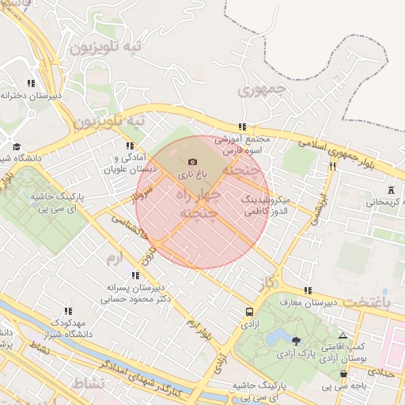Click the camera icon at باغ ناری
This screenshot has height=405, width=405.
pyautogui.click(x=192, y=161)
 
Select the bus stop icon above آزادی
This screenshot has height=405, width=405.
pyautogui.click(x=250, y=312)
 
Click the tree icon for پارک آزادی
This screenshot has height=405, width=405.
pyautogui.click(x=296, y=341)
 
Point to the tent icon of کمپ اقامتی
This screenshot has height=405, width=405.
pyautogui.click(x=342, y=335)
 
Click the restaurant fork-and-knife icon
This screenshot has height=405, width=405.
pyautogui.click(x=332, y=166)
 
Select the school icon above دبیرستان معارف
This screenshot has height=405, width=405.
pyautogui.click(x=307, y=290)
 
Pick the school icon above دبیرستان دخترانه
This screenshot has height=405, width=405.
pyautogui.click(x=31, y=83)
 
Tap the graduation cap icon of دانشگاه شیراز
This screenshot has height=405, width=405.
pyautogui.click(x=17, y=146)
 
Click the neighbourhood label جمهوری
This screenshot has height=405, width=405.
pyautogui.click(x=260, y=90)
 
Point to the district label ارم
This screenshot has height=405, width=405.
pyautogui.click(x=115, y=259)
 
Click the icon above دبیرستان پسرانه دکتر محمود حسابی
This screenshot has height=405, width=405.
pyautogui.click(x=135, y=275)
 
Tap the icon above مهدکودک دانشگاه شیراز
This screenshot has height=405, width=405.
pyautogui.click(x=68, y=312)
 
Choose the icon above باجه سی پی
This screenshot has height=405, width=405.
pyautogui.click(x=343, y=374)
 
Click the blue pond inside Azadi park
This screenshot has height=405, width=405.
pyautogui.click(x=276, y=338)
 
